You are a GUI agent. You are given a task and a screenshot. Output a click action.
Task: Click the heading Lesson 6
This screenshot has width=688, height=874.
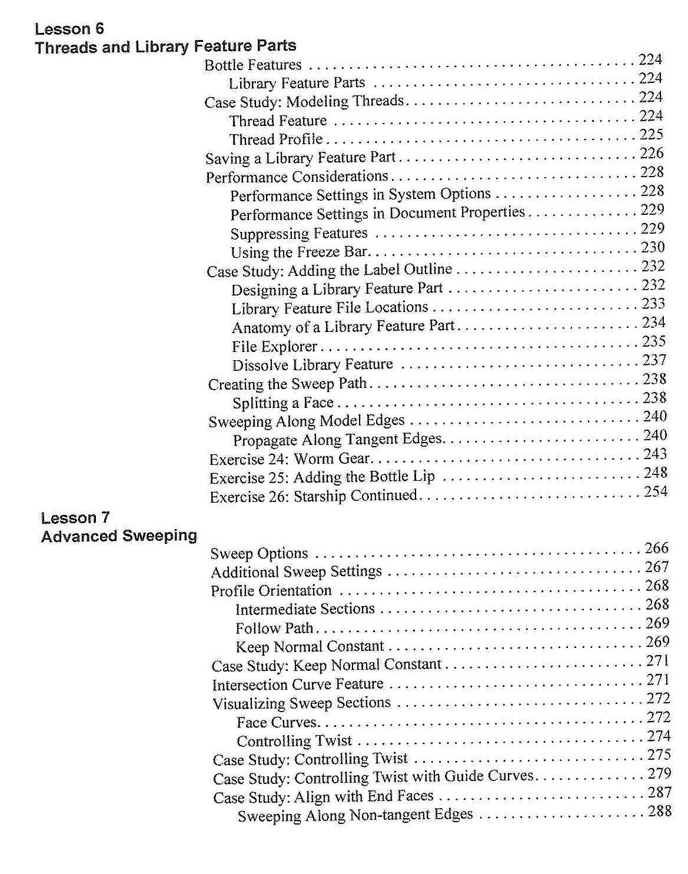[69, 29]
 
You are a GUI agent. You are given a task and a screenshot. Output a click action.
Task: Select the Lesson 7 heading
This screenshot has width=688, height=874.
[75, 518]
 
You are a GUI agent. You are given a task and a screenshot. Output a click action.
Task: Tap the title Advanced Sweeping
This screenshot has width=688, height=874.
[119, 536]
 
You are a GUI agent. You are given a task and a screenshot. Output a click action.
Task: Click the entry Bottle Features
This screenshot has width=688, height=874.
[252, 65]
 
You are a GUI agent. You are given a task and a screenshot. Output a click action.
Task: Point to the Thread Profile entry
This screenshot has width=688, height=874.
[275, 139]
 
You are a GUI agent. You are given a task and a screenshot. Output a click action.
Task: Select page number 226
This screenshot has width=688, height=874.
[652, 154]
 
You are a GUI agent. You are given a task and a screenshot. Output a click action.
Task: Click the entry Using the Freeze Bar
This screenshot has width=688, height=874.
[299, 252]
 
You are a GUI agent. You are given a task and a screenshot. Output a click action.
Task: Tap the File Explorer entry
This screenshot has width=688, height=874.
[274, 347]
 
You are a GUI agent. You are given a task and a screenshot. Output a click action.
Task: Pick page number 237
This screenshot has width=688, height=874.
[654, 360]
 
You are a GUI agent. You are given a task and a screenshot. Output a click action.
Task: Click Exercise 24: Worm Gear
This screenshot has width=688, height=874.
[290, 459]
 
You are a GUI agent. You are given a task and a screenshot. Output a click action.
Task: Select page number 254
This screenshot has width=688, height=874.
[655, 491]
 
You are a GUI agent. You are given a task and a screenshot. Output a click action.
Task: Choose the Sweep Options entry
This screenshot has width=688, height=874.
[259, 554]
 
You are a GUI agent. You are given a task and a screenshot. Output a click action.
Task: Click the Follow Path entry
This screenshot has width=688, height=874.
[274, 629]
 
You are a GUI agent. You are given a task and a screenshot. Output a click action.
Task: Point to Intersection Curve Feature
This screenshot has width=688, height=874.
[298, 684]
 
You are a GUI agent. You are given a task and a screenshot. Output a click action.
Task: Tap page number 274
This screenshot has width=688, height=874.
[659, 736]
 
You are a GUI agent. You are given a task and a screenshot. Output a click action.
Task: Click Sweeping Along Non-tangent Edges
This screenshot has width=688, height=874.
[355, 816]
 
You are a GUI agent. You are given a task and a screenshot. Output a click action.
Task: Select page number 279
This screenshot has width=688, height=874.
[659, 773]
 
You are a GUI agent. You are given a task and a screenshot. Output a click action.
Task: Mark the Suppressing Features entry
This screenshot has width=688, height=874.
[299, 234]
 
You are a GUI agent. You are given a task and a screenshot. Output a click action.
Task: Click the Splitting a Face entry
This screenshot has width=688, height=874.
[283, 403]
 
